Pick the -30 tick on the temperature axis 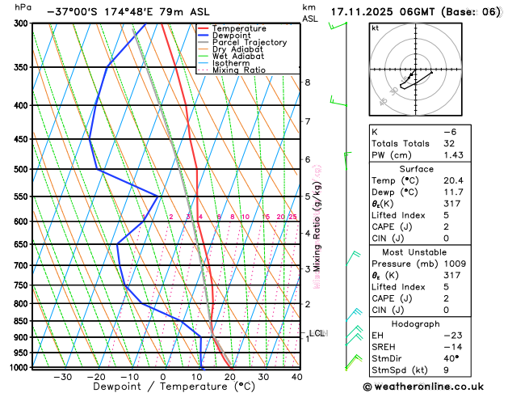62,377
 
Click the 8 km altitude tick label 307,82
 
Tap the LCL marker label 317,332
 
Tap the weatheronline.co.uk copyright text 434,387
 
